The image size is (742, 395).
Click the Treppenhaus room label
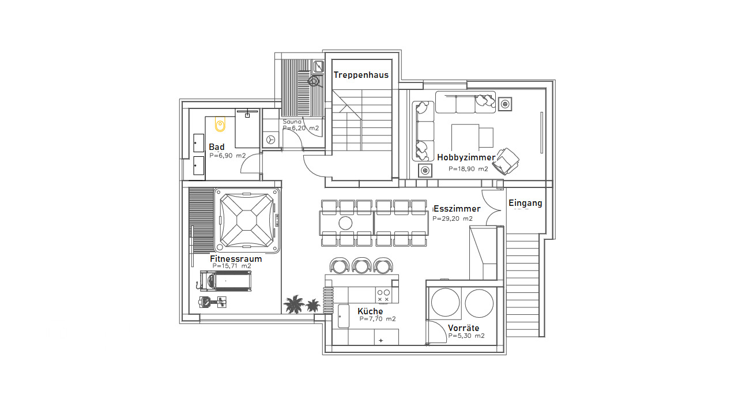tap(361, 75)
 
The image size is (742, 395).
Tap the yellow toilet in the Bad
tap(220, 124)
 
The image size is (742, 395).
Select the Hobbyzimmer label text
tap(466, 157)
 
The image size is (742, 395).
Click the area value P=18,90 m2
tap(468, 169)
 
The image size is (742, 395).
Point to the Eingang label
tap(525, 203)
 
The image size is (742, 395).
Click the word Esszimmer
tap(457, 209)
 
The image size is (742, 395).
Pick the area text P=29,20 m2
tap(453, 219)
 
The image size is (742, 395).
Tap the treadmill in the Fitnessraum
tap(225, 281)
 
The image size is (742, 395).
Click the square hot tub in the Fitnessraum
tap(247, 220)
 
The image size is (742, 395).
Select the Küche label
tap(370, 311)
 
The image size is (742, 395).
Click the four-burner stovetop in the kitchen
tap(383, 296)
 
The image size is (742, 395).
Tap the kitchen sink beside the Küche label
tap(344, 316)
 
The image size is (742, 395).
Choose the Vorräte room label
tap(464, 328)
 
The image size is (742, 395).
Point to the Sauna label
tap(292, 122)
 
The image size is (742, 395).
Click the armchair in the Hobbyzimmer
tap(506, 161)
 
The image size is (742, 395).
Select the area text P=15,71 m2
tap(232, 266)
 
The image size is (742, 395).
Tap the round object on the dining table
tap(345, 223)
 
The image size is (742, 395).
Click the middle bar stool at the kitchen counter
tap(361, 266)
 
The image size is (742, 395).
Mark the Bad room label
tap(217, 147)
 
